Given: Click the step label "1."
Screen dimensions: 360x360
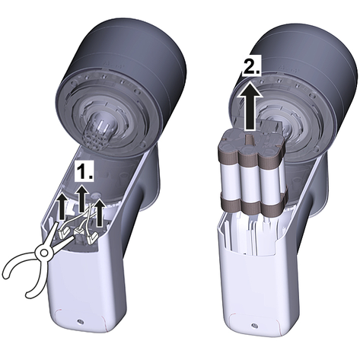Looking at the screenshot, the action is click(84, 172).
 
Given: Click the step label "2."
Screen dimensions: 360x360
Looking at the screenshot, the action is click(251, 66).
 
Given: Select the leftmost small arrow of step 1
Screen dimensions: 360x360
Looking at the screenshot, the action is click(62, 205).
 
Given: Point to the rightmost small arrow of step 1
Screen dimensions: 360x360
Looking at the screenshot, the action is click(100, 213).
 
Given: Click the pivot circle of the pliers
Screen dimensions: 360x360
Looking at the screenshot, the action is click(44, 253).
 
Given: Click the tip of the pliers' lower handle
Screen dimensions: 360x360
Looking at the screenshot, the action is click(29, 295).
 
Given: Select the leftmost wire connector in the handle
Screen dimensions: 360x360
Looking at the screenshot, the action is click(63, 231).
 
